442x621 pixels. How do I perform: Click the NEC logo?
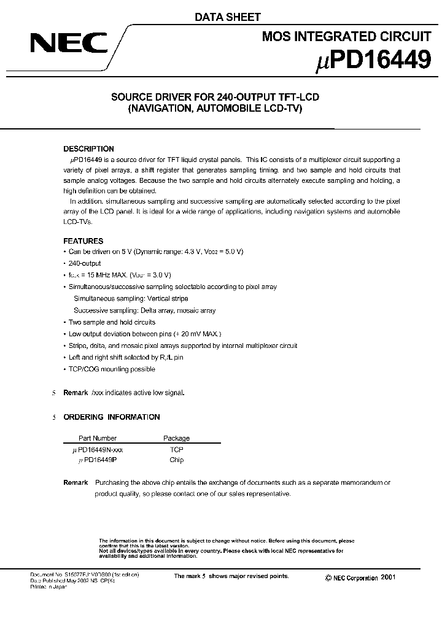tap(61, 44)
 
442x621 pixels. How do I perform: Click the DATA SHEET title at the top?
tap(228, 18)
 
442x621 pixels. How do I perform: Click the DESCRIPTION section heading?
tap(89, 149)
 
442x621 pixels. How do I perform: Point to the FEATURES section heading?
tap(83, 241)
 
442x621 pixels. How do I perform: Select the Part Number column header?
tap(98, 438)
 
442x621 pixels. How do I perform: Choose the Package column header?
tap(176, 438)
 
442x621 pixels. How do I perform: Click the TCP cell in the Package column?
tap(176, 449)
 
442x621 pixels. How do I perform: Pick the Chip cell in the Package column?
tap(176, 460)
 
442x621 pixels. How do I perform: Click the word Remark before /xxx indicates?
tap(76, 392)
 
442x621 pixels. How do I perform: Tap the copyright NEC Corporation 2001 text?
tap(360, 578)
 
